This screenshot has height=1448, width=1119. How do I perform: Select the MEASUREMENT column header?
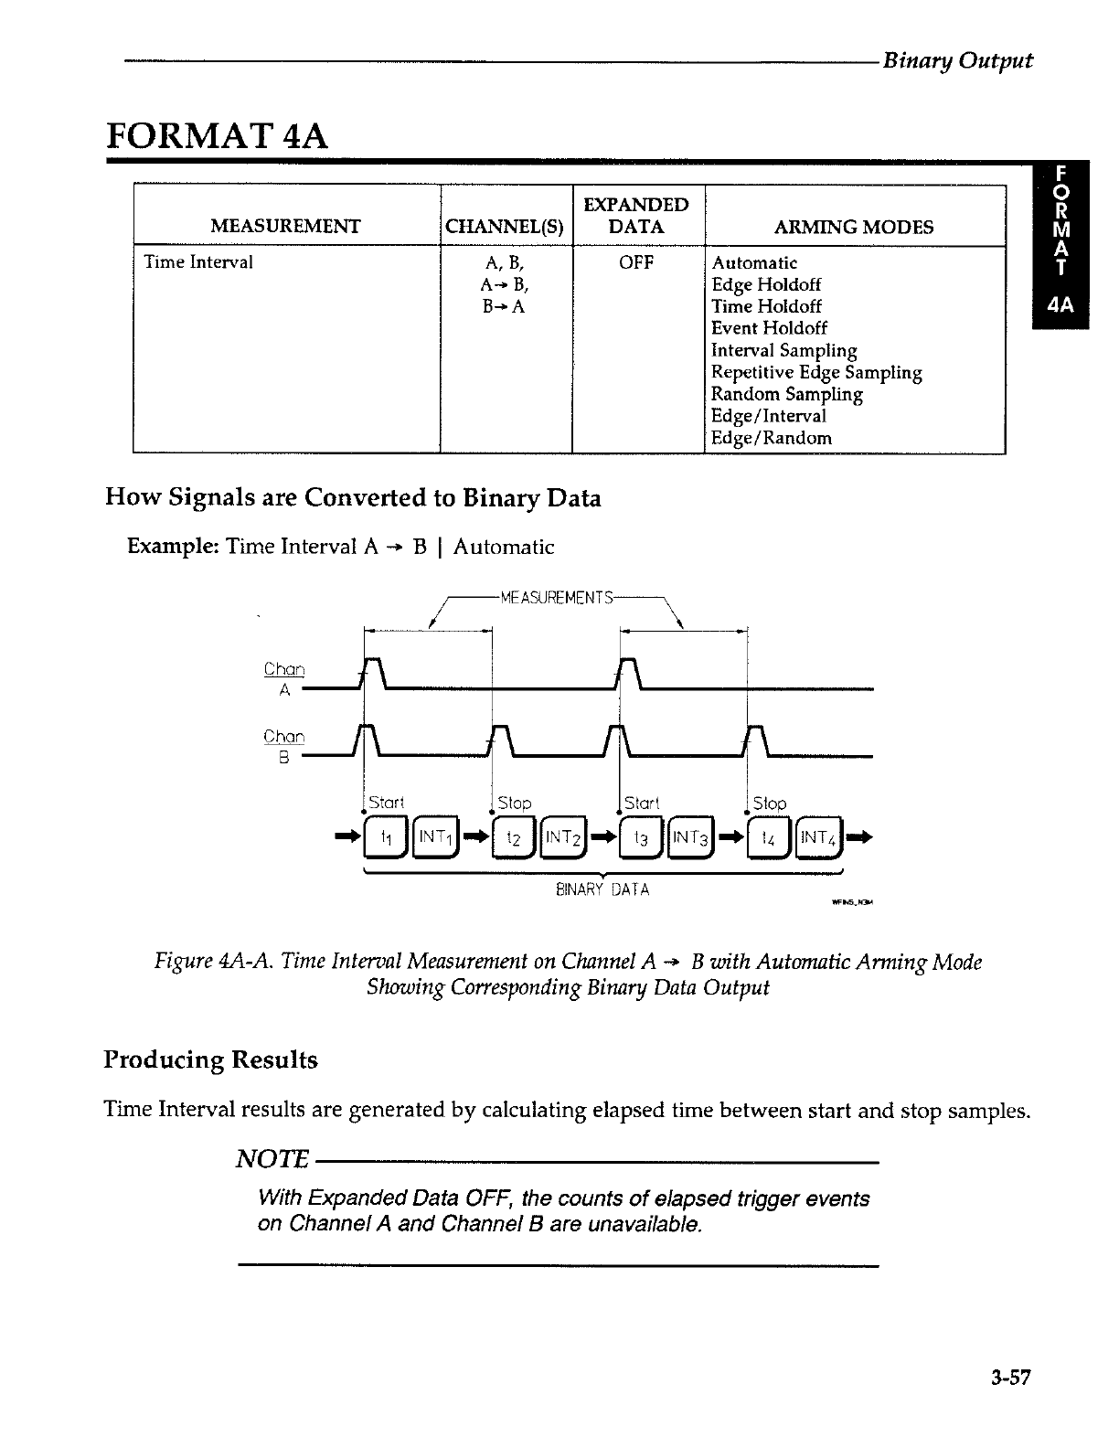pyautogui.click(x=285, y=227)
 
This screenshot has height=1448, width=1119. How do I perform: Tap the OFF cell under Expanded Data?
pyautogui.click(x=636, y=262)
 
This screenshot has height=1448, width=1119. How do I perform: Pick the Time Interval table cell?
pyautogui.click(x=198, y=262)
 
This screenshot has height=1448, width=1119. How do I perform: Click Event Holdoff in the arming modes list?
pyautogui.click(x=769, y=328)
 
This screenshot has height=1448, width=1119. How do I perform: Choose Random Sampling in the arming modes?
pyautogui.click(x=786, y=394)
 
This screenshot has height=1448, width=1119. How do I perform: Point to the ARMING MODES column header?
pyautogui.click(x=854, y=227)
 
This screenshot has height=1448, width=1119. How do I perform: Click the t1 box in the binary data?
pyautogui.click(x=385, y=837)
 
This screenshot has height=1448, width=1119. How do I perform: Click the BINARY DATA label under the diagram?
pyautogui.click(x=602, y=889)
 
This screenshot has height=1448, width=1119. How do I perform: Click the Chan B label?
pyautogui.click(x=283, y=746)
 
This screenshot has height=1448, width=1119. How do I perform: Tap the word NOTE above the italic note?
pyautogui.click(x=272, y=1160)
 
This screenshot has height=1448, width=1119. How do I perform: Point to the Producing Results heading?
pyautogui.click(x=211, y=1060)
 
